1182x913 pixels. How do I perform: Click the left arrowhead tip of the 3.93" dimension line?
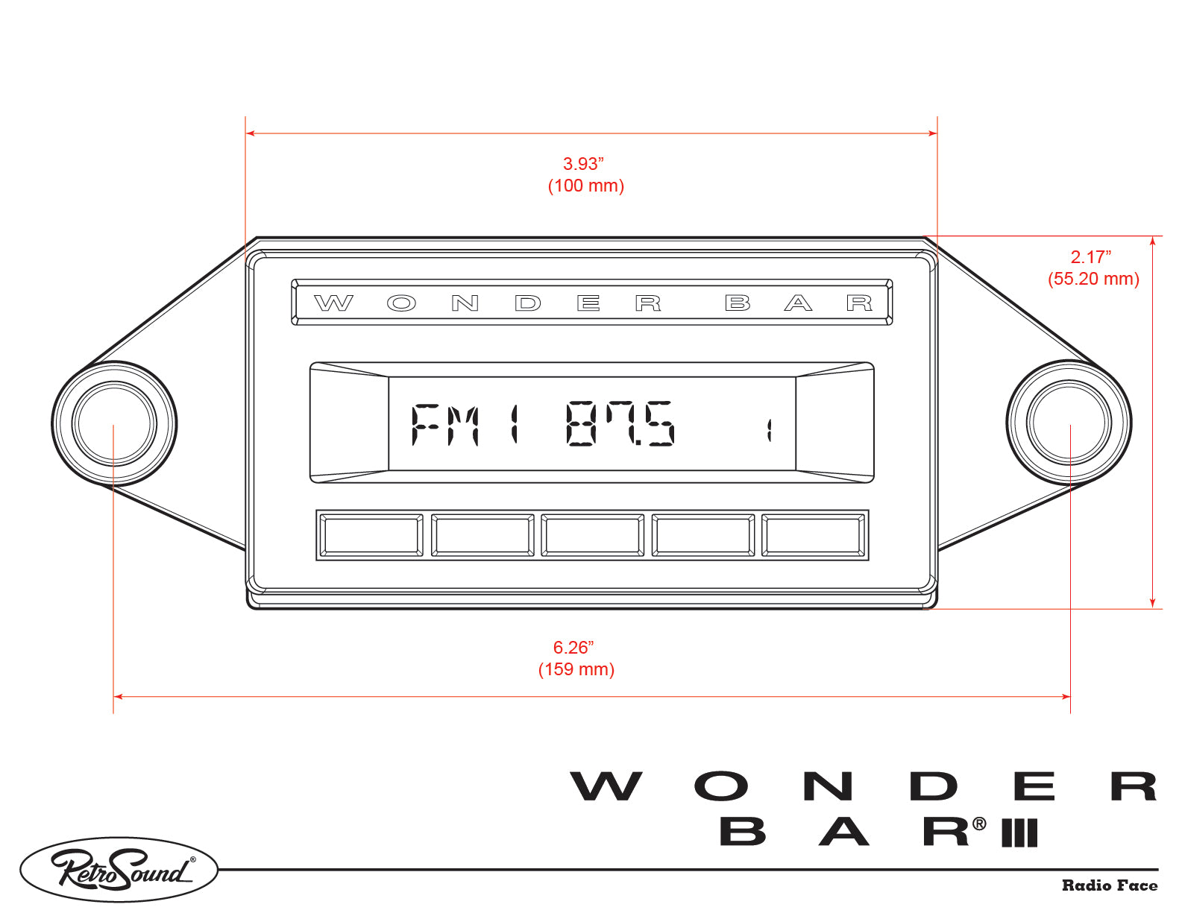(246, 133)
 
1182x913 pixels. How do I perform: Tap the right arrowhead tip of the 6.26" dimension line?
(1069, 696)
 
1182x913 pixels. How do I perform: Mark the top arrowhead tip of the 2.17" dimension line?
(1153, 237)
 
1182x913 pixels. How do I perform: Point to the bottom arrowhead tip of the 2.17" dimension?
(1153, 607)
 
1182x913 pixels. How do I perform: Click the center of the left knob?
(114, 423)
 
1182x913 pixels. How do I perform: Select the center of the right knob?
(1069, 423)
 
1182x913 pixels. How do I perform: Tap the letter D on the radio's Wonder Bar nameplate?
(528, 303)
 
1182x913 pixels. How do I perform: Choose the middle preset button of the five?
(592, 536)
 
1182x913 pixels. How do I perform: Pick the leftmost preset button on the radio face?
(371, 536)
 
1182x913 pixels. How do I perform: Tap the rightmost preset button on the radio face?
(813, 536)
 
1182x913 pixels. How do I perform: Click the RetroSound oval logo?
(119, 870)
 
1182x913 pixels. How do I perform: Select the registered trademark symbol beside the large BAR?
(979, 824)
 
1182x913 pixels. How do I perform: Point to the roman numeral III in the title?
(1019, 833)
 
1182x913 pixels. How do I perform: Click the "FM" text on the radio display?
(445, 424)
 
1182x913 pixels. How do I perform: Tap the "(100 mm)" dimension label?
(586, 186)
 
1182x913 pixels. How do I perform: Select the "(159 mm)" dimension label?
(576, 669)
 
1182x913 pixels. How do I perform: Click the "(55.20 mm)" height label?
(1093, 279)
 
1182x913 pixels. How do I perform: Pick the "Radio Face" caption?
(1110, 886)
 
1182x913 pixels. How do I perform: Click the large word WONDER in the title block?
(864, 786)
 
